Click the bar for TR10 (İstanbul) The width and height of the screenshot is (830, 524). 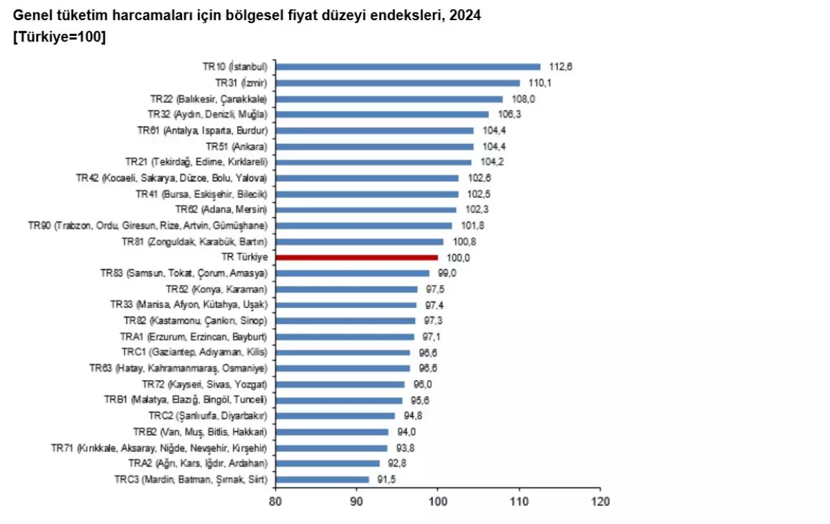408,67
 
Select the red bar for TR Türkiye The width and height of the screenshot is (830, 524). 357,258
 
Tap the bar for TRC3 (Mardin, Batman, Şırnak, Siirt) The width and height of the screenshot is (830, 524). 322,479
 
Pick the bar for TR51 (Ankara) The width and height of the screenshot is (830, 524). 375,147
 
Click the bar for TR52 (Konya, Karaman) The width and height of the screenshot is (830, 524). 347,289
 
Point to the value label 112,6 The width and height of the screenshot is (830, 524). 561,67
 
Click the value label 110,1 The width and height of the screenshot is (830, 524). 540,83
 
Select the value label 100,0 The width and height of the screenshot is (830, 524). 459,258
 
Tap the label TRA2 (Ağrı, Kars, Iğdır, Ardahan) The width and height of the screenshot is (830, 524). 197,463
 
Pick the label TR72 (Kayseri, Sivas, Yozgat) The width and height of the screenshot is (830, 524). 204,384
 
